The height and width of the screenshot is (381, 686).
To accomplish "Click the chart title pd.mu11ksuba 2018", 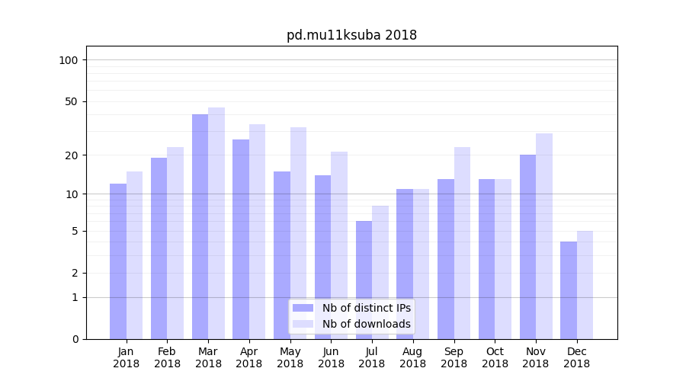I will pos(351,35).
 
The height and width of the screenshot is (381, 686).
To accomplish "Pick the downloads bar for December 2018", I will pos(585,285).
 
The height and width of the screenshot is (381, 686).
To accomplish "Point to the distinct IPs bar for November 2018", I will pos(527,247).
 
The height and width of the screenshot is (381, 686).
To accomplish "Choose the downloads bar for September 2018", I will pos(462,243).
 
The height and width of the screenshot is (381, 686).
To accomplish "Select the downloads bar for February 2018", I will pos(175,243).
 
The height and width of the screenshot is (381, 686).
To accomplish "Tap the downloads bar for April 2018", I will pos(257,232).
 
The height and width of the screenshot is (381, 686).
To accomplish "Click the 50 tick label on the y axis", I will pos(72,101).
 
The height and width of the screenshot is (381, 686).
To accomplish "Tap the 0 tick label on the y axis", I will pos(75,339).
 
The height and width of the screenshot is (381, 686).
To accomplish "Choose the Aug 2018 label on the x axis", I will pos(412,357).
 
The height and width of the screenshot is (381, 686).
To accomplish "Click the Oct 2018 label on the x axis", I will pos(495,357).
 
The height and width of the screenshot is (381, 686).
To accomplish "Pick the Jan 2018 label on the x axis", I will pos(126,357).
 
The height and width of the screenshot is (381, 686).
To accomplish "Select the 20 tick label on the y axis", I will pos(72,155).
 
